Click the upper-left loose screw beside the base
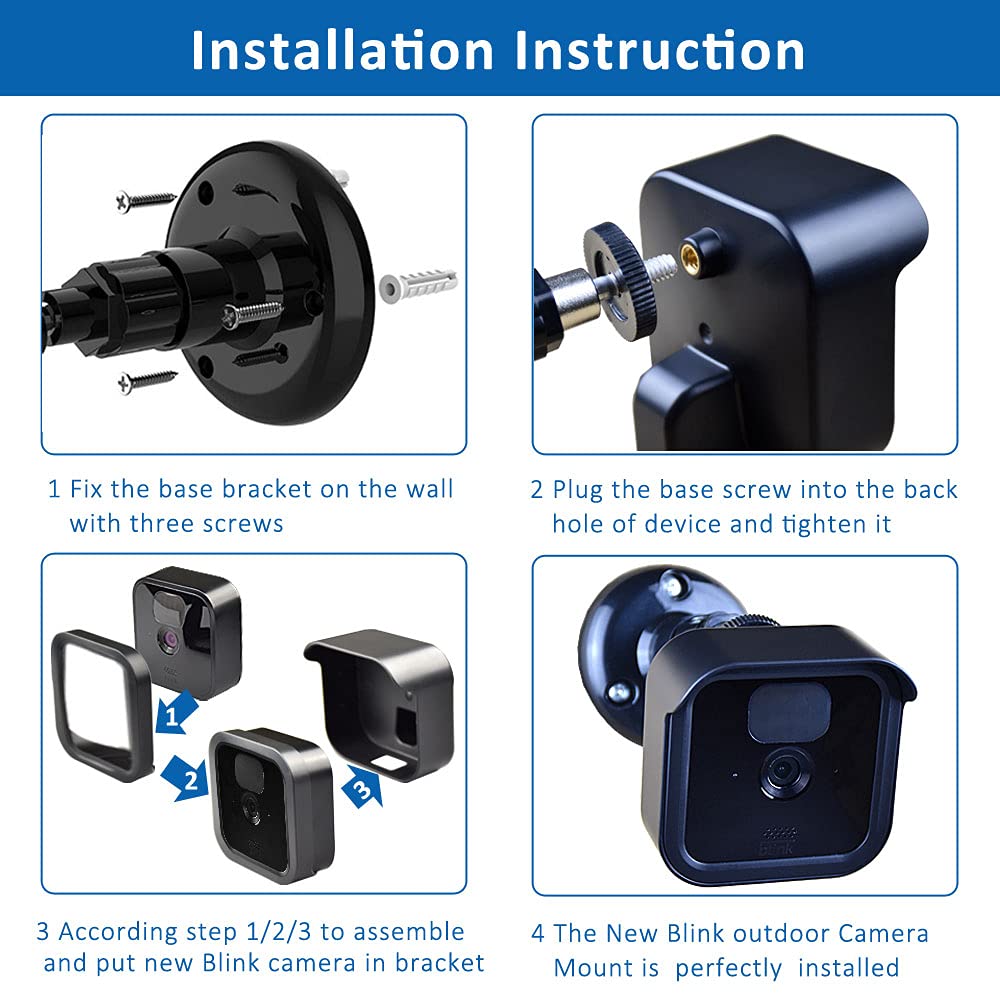pos(146,199)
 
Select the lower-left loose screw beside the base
pos(146,380)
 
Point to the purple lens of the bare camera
pos(165,635)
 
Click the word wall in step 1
pos(430,489)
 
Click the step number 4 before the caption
pos(538,933)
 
